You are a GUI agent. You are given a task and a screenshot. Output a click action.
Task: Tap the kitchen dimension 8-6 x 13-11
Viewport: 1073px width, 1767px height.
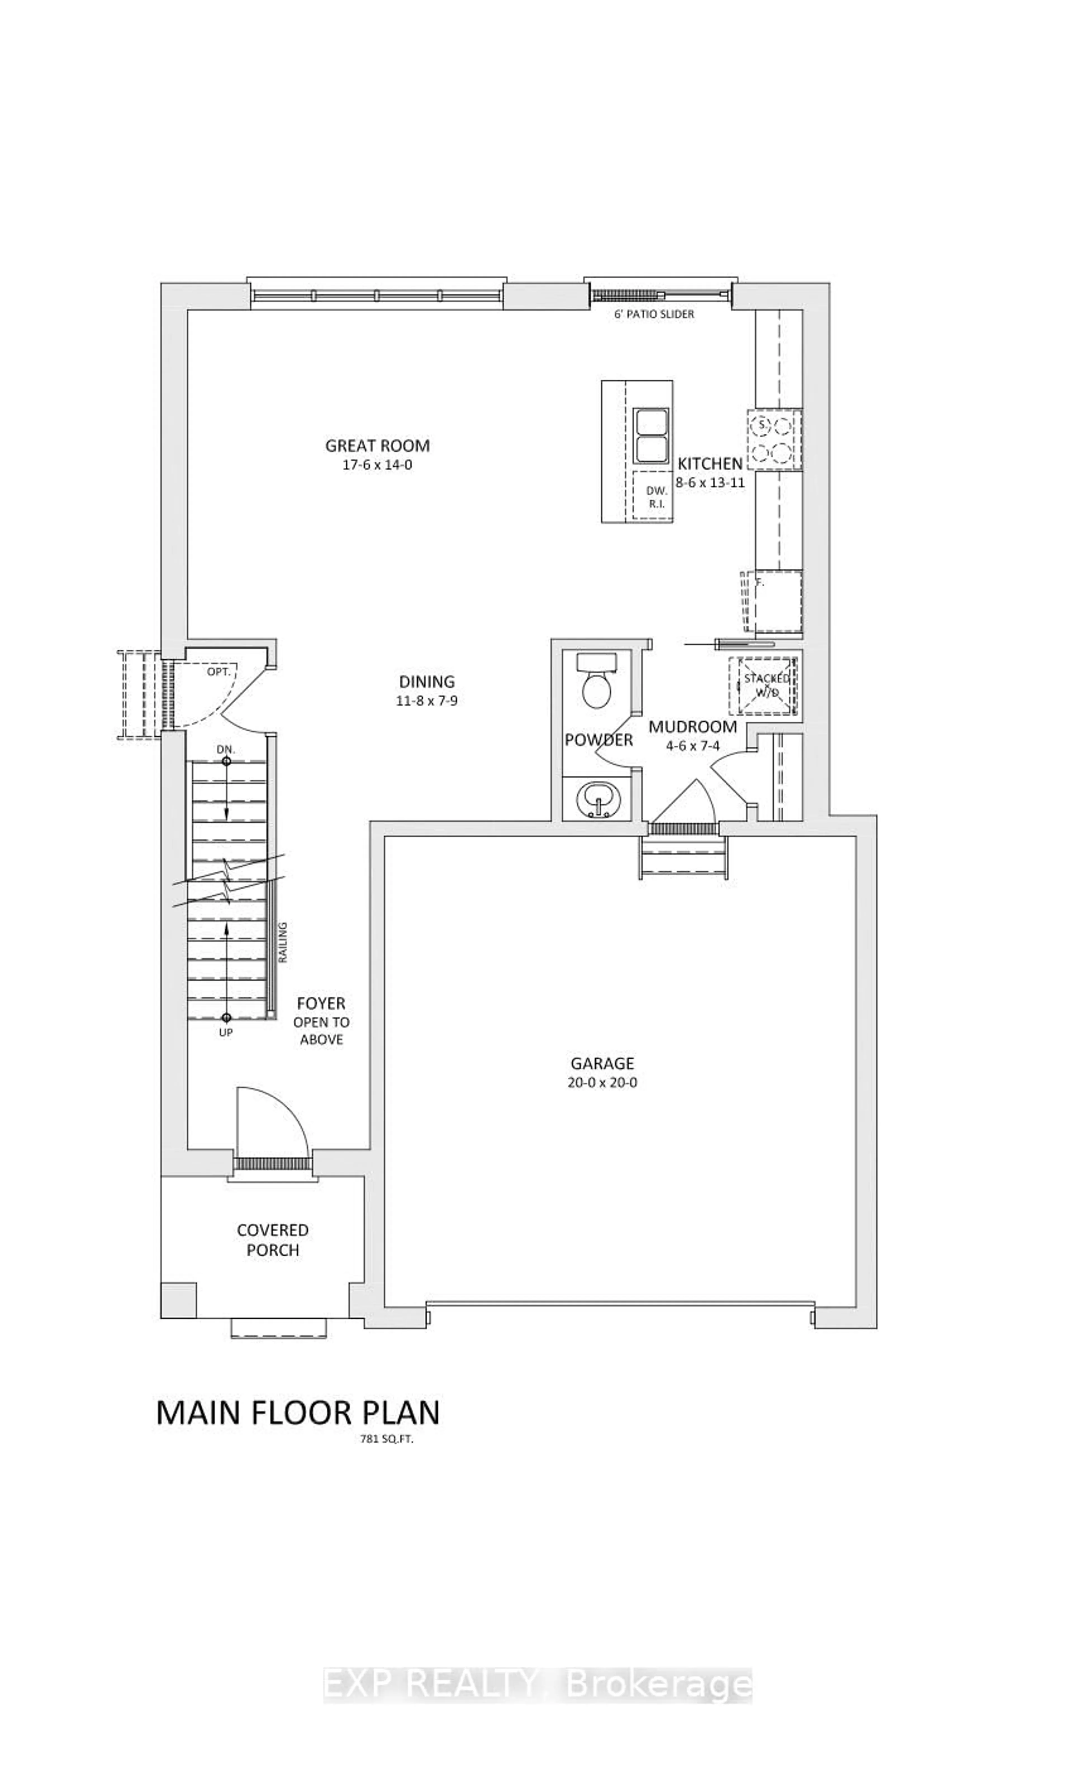click(x=709, y=483)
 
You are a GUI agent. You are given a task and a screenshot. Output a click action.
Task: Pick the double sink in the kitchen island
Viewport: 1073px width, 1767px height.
click(x=650, y=436)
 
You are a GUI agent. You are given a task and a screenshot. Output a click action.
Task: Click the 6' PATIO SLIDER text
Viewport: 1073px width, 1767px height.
click(x=653, y=314)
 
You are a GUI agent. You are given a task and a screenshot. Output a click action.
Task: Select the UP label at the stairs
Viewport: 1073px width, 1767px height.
click(x=225, y=1033)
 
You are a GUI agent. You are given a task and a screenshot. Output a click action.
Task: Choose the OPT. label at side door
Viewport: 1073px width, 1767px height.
click(x=218, y=672)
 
